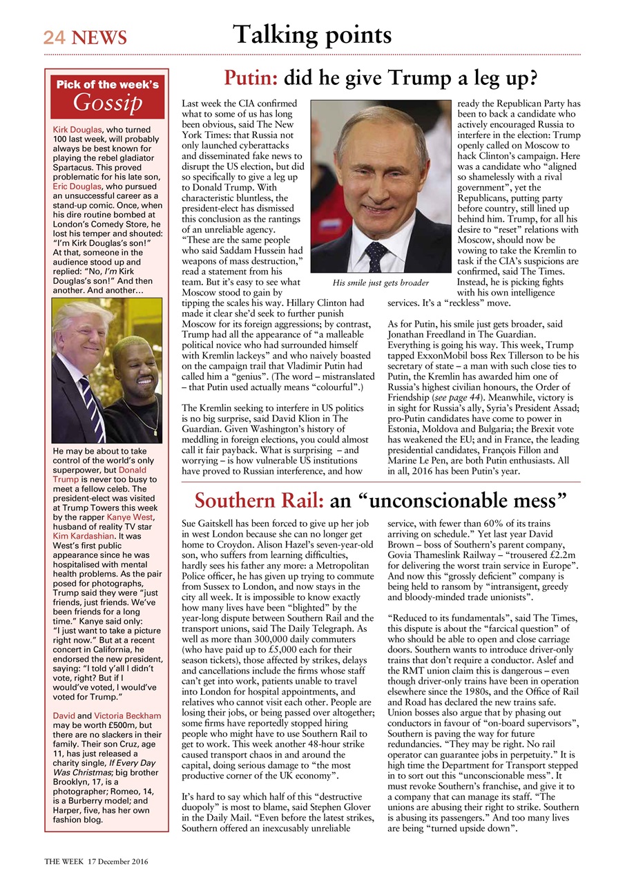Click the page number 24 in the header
(54, 37)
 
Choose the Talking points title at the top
(312, 35)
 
